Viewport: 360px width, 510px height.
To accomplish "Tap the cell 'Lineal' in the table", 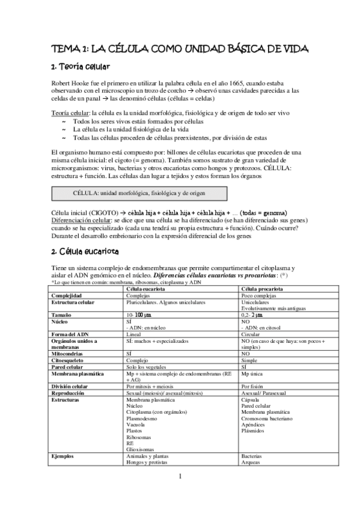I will [133, 334].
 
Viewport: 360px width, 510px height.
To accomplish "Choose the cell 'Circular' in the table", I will [251, 334].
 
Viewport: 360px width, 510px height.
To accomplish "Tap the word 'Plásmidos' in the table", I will [252, 431].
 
